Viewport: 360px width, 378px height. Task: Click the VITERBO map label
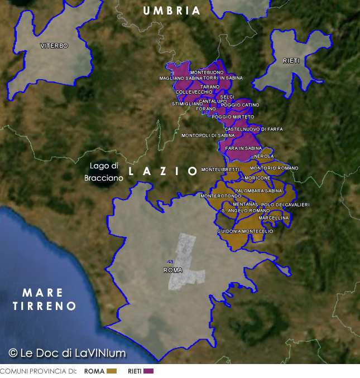click(54, 46)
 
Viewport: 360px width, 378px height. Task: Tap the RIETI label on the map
click(291, 60)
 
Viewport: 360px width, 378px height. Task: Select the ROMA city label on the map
click(173, 270)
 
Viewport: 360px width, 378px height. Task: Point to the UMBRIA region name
click(171, 10)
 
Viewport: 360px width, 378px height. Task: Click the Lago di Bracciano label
click(104, 172)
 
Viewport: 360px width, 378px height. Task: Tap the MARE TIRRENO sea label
click(44, 299)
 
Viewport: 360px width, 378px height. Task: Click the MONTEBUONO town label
click(207, 72)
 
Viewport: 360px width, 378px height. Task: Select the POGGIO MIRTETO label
click(233, 117)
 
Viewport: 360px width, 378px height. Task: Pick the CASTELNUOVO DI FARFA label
click(253, 129)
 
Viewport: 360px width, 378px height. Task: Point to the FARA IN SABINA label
click(243, 148)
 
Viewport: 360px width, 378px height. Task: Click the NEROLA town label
click(263, 157)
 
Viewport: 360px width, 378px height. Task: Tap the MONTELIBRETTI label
click(220, 169)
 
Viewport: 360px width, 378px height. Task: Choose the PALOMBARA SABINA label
click(259, 191)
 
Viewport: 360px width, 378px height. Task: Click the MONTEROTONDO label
click(217, 196)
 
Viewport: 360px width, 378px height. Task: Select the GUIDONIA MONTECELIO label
click(245, 231)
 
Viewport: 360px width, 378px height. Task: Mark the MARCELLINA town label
click(274, 217)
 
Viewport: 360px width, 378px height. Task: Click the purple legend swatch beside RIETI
click(148, 371)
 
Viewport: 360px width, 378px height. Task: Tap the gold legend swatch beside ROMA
click(112, 371)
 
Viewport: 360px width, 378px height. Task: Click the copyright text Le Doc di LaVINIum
click(67, 353)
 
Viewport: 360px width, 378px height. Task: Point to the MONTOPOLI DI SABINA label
click(208, 135)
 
